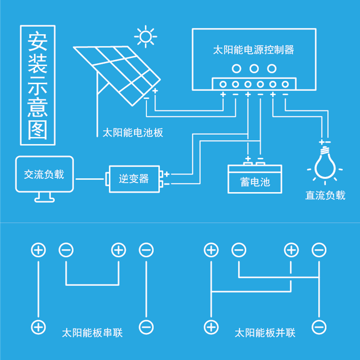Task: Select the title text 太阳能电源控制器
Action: (x=253, y=49)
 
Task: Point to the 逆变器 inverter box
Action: (x=134, y=178)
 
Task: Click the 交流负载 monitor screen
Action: (x=44, y=174)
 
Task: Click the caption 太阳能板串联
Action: (x=92, y=333)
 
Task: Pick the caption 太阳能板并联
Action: (x=265, y=333)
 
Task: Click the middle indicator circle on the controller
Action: (x=254, y=69)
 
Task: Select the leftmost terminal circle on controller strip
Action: (x=222, y=84)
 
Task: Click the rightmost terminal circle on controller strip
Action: (x=285, y=84)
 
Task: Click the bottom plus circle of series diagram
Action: (x=38, y=327)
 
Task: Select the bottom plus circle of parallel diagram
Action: (x=211, y=327)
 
